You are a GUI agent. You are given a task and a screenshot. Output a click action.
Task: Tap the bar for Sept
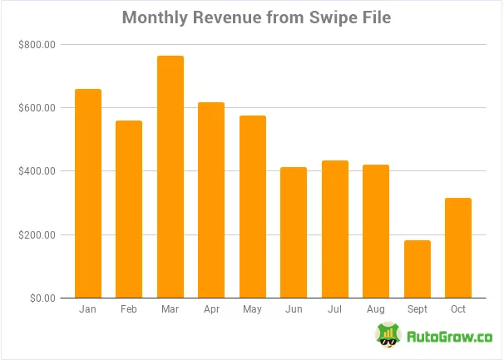tap(417, 269)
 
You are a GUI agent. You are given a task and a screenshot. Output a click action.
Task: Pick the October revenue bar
tap(457, 248)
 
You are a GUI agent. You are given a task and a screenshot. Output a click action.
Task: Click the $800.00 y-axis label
tap(36, 45)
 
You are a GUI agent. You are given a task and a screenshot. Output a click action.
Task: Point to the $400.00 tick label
tap(36, 171)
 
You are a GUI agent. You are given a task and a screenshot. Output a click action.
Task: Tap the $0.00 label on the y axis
tap(39, 298)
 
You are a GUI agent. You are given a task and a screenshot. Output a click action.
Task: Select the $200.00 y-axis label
tap(36, 234)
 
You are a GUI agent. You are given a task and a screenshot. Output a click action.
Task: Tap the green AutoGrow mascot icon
tap(386, 336)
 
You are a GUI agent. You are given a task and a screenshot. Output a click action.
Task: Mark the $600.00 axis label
tap(36, 108)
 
